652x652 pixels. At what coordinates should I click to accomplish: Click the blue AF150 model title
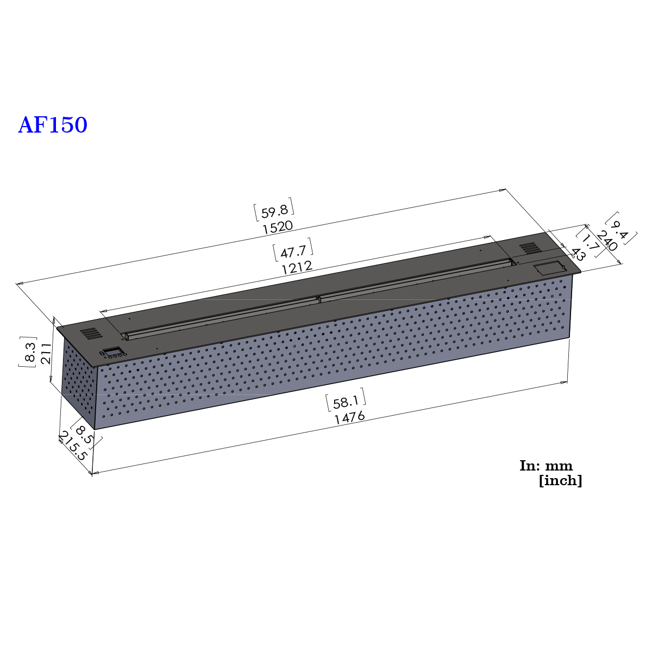pos(53,125)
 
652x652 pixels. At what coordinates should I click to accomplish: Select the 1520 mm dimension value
pos(278,227)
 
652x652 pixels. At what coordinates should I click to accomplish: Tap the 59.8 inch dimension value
pos(274,212)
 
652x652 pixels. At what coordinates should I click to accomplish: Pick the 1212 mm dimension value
pos(297,268)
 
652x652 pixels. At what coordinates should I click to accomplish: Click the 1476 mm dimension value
pos(349,417)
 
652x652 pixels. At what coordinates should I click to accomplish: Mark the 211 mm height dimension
pos(46,353)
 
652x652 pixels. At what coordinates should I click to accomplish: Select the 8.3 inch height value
pos(30,352)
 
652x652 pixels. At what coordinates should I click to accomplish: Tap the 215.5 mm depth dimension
pos(73,446)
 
